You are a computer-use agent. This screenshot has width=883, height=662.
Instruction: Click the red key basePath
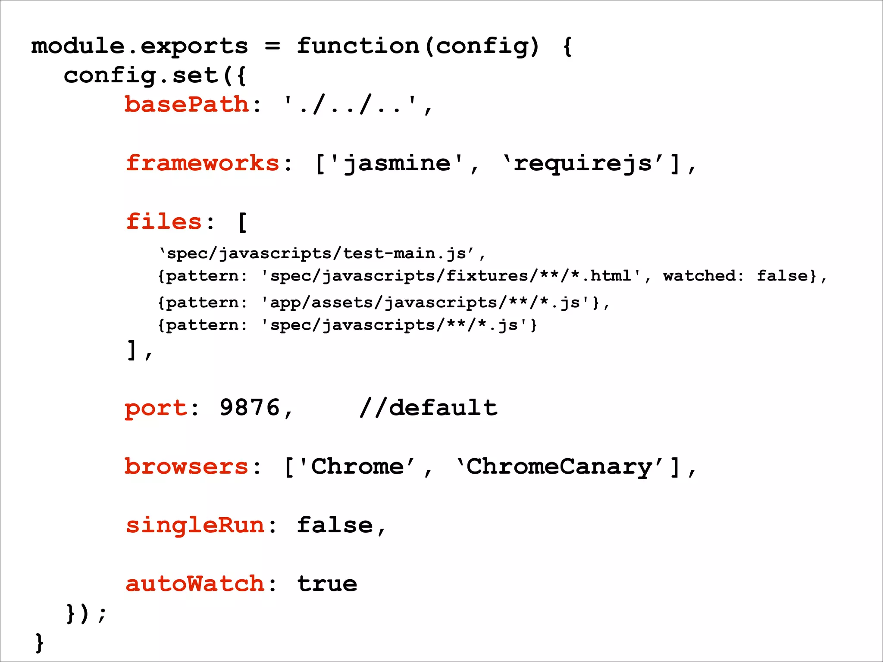[187, 105]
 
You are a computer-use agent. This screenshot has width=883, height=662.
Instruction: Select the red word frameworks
[203, 163]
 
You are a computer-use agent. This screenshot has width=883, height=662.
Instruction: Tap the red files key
[164, 222]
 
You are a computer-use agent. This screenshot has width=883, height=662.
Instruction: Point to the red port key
[156, 408]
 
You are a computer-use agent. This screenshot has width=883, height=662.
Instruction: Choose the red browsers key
[187, 467]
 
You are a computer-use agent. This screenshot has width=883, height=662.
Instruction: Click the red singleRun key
[195, 525]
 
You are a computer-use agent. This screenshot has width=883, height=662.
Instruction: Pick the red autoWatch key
[195, 584]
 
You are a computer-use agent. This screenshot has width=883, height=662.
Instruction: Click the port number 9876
[250, 408]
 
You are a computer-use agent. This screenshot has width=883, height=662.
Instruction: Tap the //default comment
[428, 408]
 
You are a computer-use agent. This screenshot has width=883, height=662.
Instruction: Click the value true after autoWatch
[327, 584]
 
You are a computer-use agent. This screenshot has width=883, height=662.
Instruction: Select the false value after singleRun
[335, 525]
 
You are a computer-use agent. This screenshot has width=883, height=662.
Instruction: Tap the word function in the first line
[358, 46]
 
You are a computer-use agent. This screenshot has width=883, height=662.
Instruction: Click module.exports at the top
[140, 46]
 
